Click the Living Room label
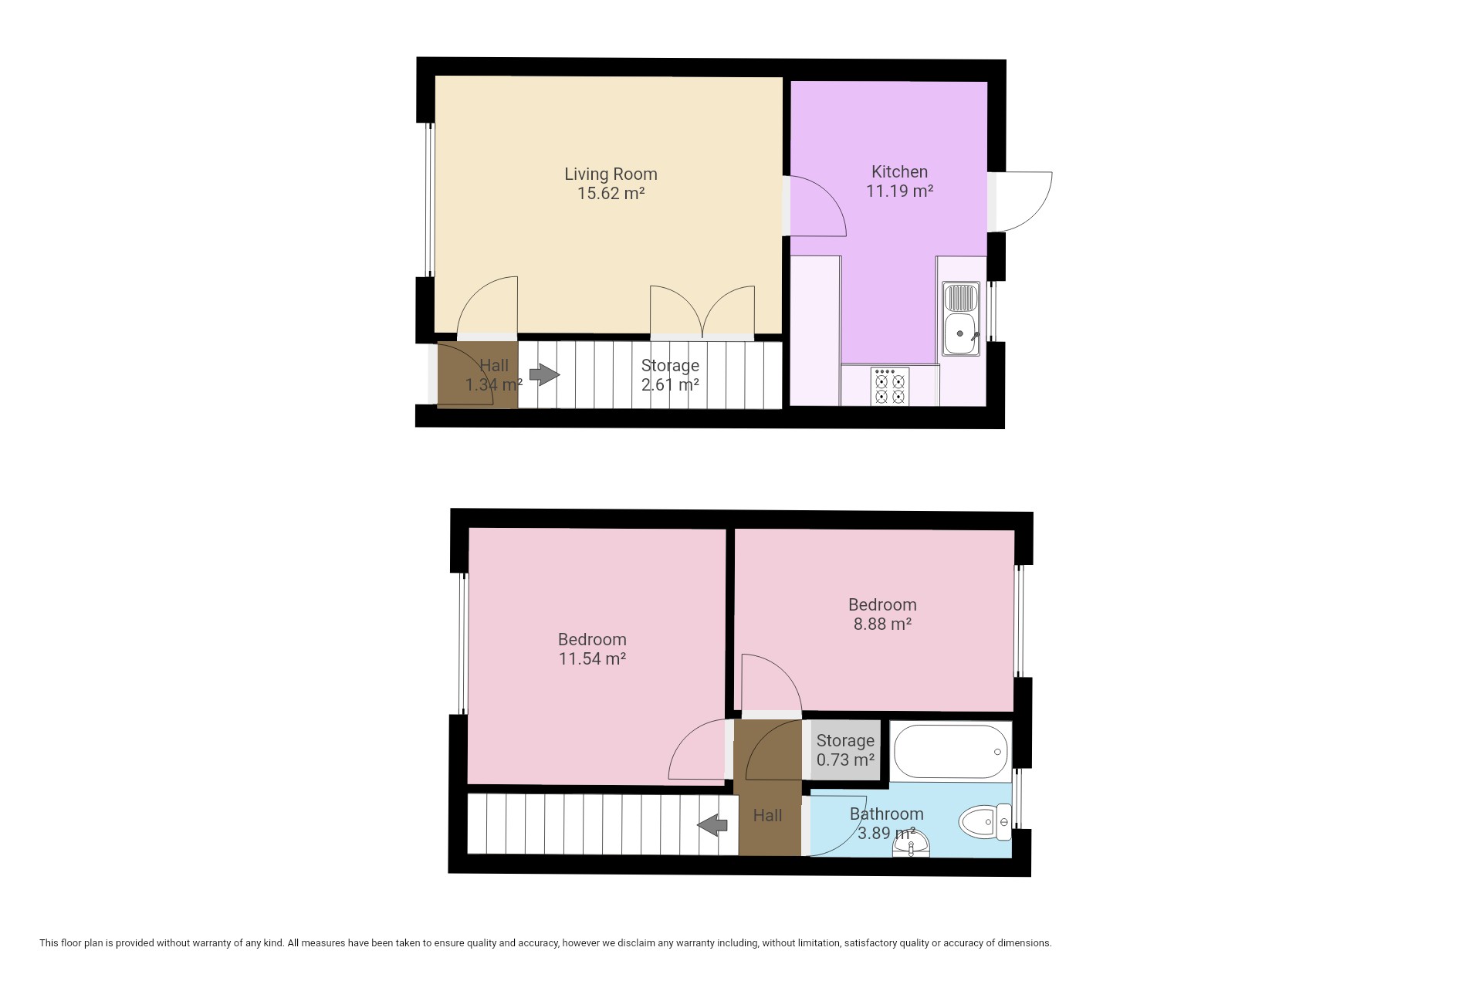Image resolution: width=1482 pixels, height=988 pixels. (x=611, y=174)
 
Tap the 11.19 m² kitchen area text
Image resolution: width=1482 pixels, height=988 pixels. (x=899, y=191)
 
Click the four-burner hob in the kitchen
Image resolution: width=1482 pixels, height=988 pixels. (x=890, y=386)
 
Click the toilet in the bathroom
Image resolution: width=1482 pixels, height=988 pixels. (x=985, y=822)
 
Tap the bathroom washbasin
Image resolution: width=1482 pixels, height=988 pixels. (x=912, y=848)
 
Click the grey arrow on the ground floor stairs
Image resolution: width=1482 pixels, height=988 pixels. (x=545, y=375)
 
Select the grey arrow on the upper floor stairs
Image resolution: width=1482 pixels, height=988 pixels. (x=712, y=825)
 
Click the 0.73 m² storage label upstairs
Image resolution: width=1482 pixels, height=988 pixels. (x=845, y=760)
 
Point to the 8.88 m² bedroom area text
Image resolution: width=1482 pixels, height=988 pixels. (x=882, y=624)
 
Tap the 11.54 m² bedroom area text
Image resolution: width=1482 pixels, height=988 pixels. (x=592, y=658)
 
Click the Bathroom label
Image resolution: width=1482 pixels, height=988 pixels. (x=887, y=814)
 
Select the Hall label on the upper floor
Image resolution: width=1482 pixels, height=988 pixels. (x=768, y=815)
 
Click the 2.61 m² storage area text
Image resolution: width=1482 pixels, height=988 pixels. (x=670, y=384)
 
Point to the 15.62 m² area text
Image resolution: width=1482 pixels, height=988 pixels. (x=611, y=193)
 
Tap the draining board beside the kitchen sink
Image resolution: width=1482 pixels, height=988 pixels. (x=961, y=296)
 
